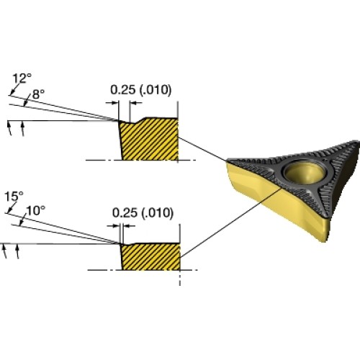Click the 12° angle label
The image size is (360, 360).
(22, 78)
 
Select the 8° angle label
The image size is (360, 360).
(38, 94)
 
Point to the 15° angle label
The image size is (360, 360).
(14, 196)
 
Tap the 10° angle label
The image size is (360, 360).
(35, 211)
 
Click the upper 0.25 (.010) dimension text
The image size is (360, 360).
(141, 90)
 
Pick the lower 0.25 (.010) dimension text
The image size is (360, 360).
(143, 213)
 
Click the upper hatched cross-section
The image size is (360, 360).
(149, 139)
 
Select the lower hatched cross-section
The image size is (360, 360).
(150, 256)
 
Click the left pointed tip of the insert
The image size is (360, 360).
(228, 161)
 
